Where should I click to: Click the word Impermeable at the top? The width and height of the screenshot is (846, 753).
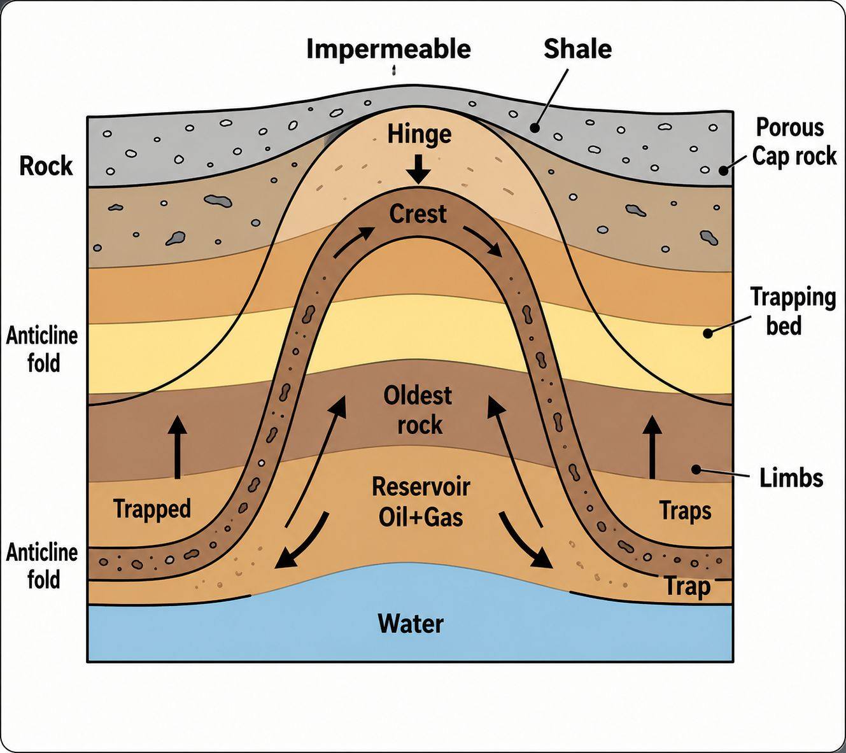click(x=388, y=50)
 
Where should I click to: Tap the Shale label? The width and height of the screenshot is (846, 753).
click(x=577, y=49)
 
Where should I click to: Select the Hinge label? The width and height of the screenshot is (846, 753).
click(x=419, y=134)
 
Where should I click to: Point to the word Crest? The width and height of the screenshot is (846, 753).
click(x=418, y=214)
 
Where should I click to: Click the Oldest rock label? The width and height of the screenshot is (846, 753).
click(x=418, y=410)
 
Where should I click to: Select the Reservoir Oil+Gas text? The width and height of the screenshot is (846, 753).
click(x=421, y=502)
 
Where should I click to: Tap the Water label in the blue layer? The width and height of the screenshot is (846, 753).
click(x=411, y=624)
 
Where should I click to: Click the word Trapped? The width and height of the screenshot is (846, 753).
click(x=152, y=509)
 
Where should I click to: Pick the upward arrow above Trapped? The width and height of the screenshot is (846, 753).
click(x=178, y=447)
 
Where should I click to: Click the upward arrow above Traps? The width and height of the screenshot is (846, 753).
click(x=652, y=447)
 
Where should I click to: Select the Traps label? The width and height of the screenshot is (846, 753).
click(x=685, y=511)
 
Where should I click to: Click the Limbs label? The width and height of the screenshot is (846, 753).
click(x=791, y=478)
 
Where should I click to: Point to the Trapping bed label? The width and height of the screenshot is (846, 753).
click(x=793, y=311)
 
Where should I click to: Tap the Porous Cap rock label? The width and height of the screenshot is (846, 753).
click(x=794, y=142)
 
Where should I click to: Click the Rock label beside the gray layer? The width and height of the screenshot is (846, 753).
click(x=46, y=165)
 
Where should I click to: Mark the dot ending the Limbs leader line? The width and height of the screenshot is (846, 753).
click(x=696, y=469)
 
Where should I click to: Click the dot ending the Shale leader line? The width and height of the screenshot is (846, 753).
click(x=535, y=128)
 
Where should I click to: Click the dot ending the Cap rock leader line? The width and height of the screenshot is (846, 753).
click(x=723, y=171)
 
